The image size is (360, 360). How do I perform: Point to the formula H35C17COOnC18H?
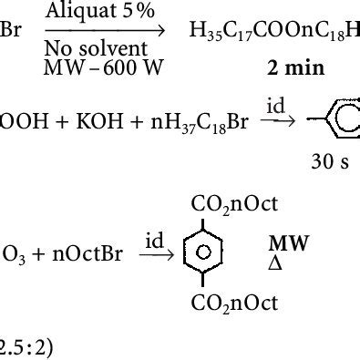(273, 35)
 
